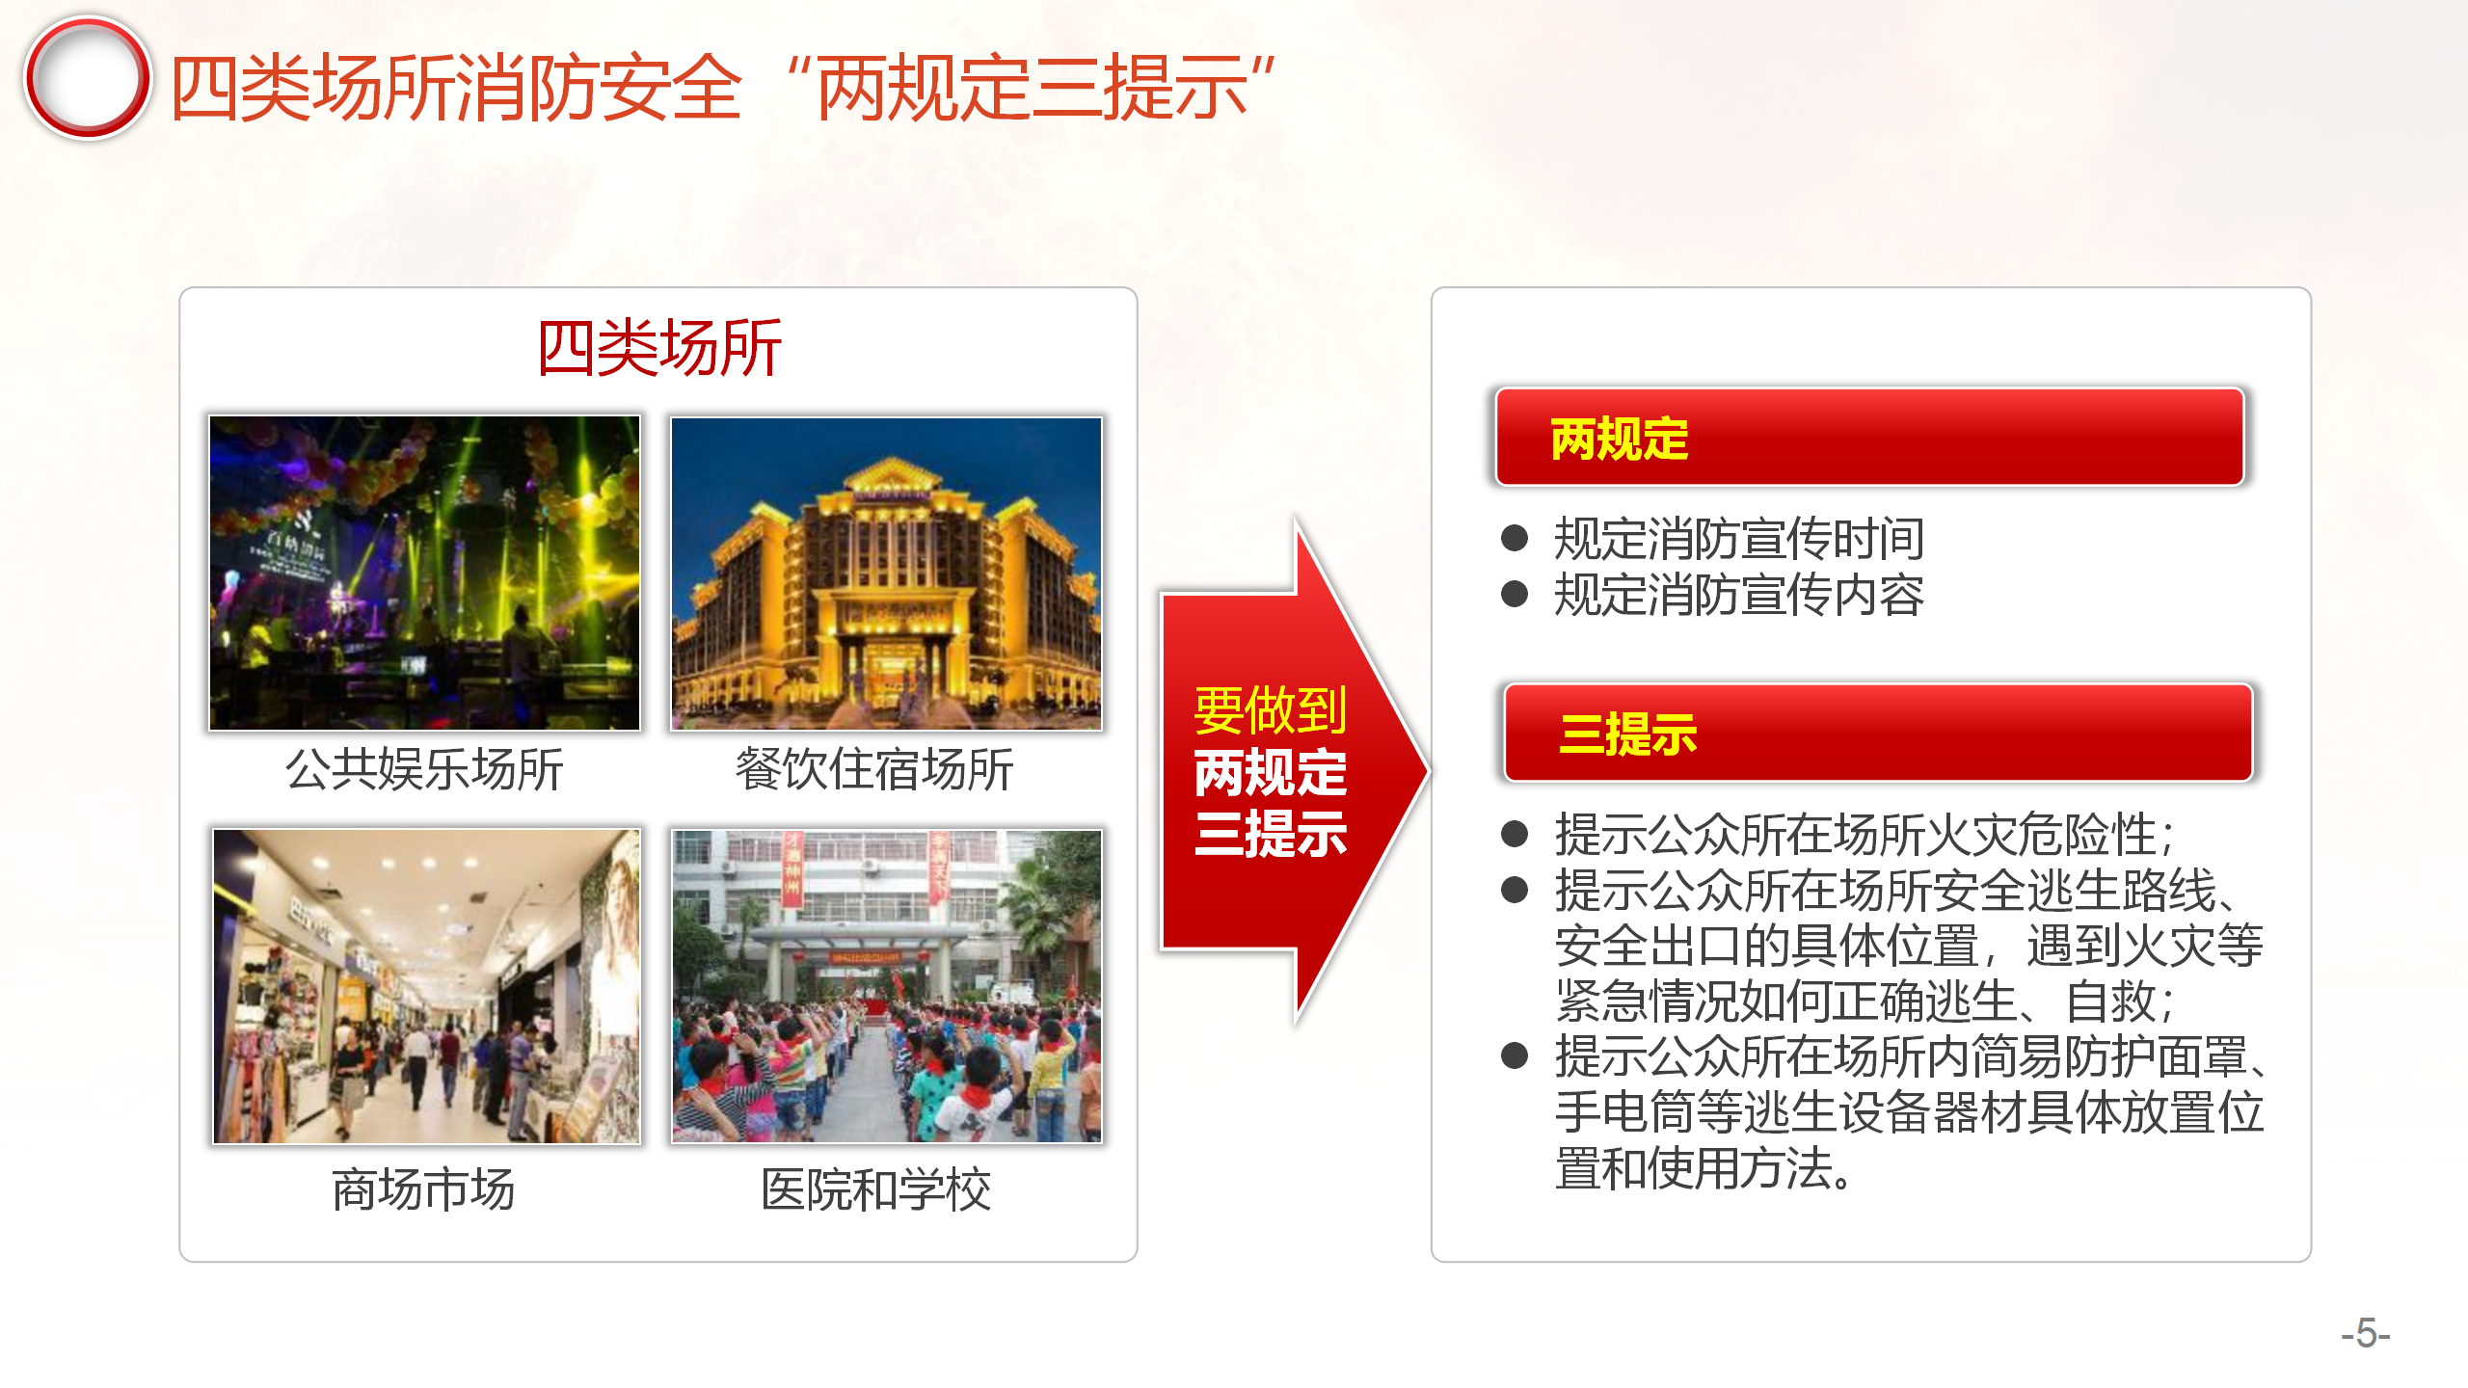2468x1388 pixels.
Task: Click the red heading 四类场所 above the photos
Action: (x=659, y=348)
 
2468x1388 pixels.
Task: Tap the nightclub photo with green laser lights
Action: (x=424, y=573)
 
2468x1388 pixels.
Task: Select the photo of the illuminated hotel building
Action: (x=886, y=573)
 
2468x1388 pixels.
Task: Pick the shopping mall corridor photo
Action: (x=426, y=986)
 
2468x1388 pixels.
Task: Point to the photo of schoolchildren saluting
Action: (x=886, y=986)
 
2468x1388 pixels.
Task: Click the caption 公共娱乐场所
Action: (x=424, y=770)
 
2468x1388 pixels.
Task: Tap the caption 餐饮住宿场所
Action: (x=874, y=770)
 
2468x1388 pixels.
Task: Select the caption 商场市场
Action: (x=424, y=1189)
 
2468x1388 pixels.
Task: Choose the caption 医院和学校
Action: (x=876, y=1189)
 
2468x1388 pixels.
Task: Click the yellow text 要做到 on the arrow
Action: (x=1271, y=710)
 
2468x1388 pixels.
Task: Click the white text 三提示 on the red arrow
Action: (x=1271, y=834)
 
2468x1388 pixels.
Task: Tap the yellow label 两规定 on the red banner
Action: (x=1620, y=440)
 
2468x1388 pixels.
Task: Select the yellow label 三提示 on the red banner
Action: (x=1628, y=734)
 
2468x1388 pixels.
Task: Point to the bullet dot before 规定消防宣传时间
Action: (x=1515, y=538)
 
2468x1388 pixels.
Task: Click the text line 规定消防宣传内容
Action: (x=1739, y=595)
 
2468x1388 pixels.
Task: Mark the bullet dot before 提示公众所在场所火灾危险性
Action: (x=1515, y=834)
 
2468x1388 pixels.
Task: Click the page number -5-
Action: (x=2366, y=1334)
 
